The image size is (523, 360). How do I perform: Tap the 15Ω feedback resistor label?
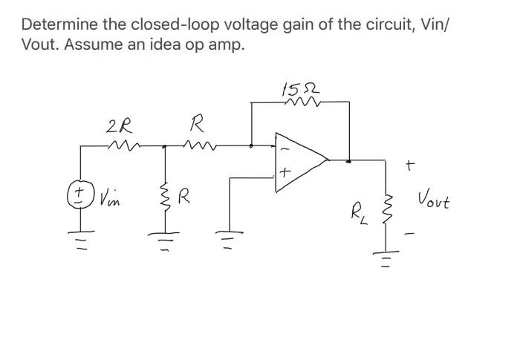click(x=293, y=88)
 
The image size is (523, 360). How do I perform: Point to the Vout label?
click(x=434, y=200)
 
